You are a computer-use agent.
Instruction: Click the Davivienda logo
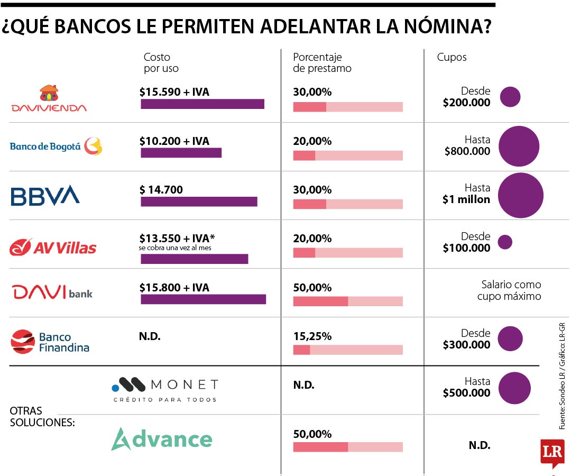tap(49, 99)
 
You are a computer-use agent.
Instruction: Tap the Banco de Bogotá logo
tap(56, 146)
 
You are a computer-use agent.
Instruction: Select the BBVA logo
tap(45, 195)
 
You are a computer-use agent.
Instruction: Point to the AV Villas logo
tap(53, 247)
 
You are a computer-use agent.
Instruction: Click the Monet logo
tap(165, 390)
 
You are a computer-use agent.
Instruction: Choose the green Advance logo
tap(161, 439)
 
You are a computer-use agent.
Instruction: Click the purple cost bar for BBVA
tap(199, 202)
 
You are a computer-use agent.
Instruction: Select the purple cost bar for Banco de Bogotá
tap(181, 153)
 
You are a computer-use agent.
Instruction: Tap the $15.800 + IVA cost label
tap(174, 288)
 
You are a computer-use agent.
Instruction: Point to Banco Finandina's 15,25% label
tap(312, 336)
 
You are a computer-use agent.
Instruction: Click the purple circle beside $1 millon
tap(521, 195)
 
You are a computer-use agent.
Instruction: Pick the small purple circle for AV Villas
tap(505, 242)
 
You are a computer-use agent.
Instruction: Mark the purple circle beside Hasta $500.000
tap(514, 388)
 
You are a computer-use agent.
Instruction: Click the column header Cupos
tap(452, 57)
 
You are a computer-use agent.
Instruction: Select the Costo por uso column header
tap(161, 62)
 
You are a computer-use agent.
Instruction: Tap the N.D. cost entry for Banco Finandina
tap(150, 336)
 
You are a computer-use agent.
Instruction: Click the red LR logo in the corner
tap(552, 452)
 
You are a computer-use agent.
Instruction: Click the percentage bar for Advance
tap(348, 447)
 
